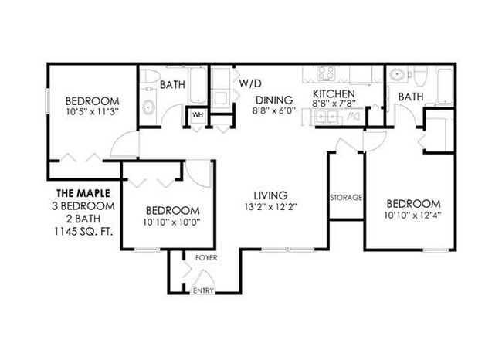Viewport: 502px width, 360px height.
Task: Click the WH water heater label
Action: [x=197, y=115]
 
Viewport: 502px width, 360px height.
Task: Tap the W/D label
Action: [x=249, y=82]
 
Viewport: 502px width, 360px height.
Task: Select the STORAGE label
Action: [x=346, y=198]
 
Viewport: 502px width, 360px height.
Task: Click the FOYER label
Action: [x=205, y=257]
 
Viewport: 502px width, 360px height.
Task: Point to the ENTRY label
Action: [x=203, y=290]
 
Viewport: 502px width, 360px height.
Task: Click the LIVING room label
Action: [x=270, y=195]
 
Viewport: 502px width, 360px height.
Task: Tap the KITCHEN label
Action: [x=333, y=96]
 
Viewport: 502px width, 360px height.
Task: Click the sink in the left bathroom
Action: [x=149, y=107]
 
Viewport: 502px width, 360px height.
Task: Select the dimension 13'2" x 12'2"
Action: [x=270, y=208]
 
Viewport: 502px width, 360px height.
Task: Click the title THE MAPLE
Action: [x=83, y=193]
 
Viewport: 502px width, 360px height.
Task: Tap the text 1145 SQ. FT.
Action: [x=83, y=231]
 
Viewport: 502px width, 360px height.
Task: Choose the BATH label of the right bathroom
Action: [x=411, y=97]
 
